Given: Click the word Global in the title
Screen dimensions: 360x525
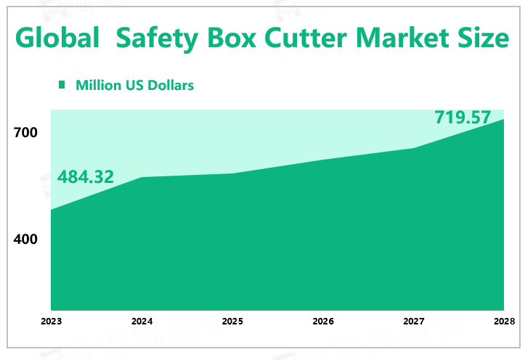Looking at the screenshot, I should coord(57,38).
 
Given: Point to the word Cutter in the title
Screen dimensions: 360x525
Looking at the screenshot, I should coord(312,37).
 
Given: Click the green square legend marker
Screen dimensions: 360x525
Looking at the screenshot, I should coord(62,85).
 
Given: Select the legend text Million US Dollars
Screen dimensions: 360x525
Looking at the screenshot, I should coord(134,85).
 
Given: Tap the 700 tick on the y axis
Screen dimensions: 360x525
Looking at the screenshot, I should coord(25,133).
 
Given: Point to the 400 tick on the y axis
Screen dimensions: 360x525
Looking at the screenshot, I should coord(25,239).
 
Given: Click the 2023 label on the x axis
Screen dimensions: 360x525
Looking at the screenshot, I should coord(51,322).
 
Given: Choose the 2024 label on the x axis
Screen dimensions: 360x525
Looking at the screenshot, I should coord(142,322).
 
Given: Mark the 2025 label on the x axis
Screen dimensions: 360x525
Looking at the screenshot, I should coord(232,322).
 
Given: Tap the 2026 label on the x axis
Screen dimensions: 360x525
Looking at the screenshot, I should coord(323,322).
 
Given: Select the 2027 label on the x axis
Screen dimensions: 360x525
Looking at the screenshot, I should coord(414,322).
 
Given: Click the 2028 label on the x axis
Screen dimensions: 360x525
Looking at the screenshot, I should coord(503,322).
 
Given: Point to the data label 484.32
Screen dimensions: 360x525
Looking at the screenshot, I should coord(86,176).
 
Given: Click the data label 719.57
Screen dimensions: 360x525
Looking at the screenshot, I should coord(463,117).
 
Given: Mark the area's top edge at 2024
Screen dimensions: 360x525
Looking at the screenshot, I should coord(142,177).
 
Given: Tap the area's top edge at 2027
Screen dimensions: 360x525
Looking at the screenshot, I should coord(414,148).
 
